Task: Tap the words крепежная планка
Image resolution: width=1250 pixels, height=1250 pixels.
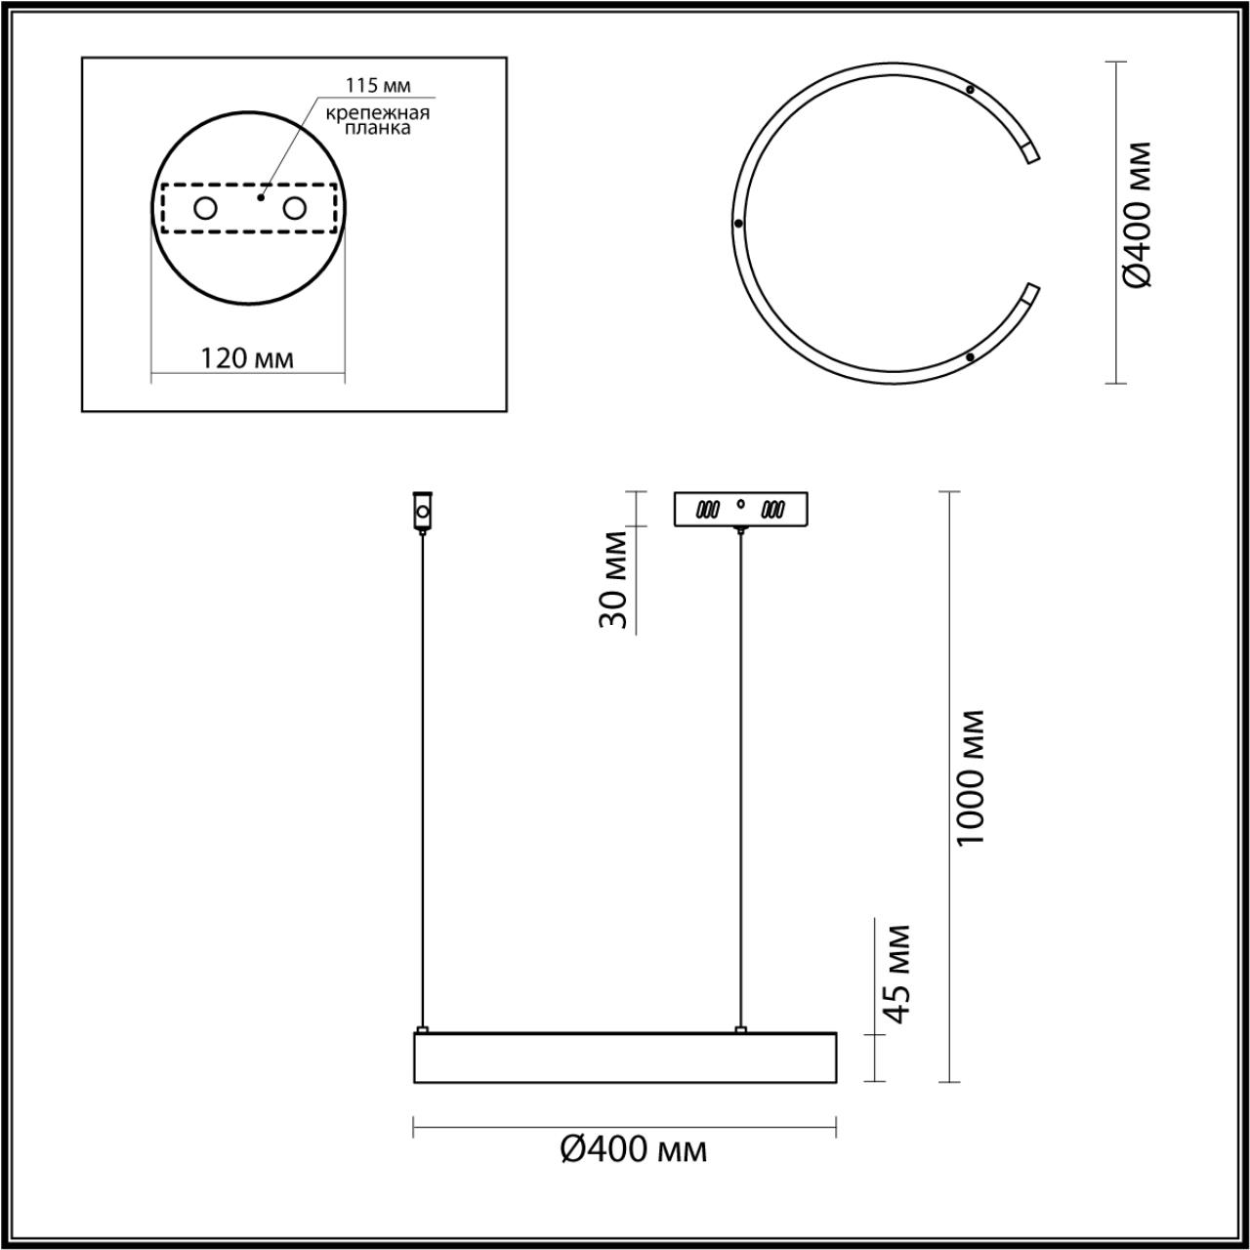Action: [378, 120]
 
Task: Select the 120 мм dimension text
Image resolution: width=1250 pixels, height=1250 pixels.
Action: [247, 358]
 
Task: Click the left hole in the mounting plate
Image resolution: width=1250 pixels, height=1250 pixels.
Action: [206, 208]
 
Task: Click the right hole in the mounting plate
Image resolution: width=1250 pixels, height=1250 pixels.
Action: [294, 208]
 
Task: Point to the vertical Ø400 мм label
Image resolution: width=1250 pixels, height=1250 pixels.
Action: [1138, 215]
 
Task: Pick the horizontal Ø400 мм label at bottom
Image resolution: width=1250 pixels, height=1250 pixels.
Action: [634, 1150]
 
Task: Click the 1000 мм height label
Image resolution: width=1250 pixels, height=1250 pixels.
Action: [972, 778]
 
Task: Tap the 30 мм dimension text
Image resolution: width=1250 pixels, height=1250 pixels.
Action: [614, 580]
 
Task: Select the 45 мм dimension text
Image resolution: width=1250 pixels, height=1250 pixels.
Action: [897, 974]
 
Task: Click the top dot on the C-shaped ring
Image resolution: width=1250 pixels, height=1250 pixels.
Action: [970, 90]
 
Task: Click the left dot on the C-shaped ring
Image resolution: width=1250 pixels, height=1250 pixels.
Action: [738, 223]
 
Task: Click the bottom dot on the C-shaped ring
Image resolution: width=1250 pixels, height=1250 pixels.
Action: [969, 357]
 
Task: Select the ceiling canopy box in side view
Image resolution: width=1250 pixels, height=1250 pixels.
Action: [741, 510]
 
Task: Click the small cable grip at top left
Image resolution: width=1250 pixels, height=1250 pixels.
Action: [423, 511]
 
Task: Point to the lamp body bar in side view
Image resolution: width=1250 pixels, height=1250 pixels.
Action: [625, 1056]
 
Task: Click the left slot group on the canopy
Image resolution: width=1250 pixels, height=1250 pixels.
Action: [708, 510]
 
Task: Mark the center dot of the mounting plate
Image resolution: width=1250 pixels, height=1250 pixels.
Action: [260, 196]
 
